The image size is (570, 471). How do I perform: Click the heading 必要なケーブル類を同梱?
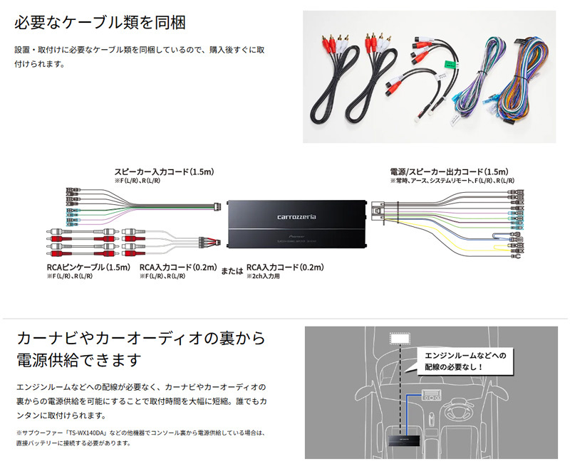100,22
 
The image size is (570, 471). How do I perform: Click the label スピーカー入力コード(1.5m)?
165,172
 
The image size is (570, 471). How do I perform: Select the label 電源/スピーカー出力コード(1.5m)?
449,172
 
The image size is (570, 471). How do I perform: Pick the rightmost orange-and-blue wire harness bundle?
524,82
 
